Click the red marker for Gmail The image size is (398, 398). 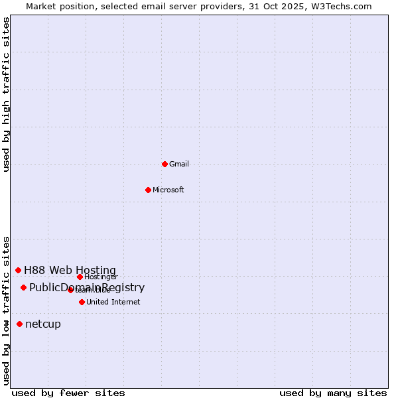point(165,164)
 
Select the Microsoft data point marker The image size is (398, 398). point(148,190)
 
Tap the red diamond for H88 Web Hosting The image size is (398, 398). point(18,270)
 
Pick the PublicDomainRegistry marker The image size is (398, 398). point(23,287)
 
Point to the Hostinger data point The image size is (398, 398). point(80,277)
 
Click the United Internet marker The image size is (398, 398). point(82,302)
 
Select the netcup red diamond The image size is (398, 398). point(19,324)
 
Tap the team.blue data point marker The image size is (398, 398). point(70,290)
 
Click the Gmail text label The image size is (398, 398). point(179,164)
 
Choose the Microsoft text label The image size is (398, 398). point(168,190)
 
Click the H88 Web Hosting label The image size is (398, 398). point(70,270)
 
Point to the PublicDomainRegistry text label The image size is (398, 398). point(87,287)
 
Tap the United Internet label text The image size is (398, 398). point(113,302)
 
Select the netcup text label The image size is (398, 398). point(43,324)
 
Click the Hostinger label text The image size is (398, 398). point(101,277)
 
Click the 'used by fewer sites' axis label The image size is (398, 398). point(68,393)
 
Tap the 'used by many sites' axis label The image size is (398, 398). point(333,393)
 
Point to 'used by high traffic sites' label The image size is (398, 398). point(6,94)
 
